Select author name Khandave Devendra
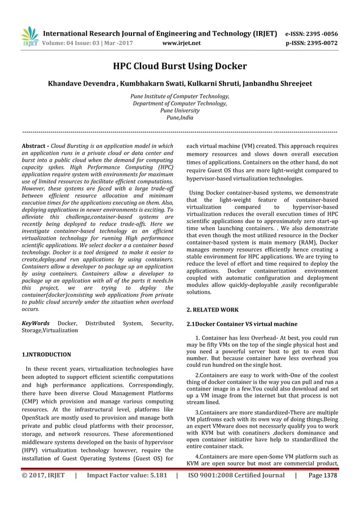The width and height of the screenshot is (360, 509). click(x=83, y=84)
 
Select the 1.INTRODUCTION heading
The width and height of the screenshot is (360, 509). click(x=46, y=354)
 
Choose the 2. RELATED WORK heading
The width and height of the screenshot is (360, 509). click(x=212, y=310)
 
